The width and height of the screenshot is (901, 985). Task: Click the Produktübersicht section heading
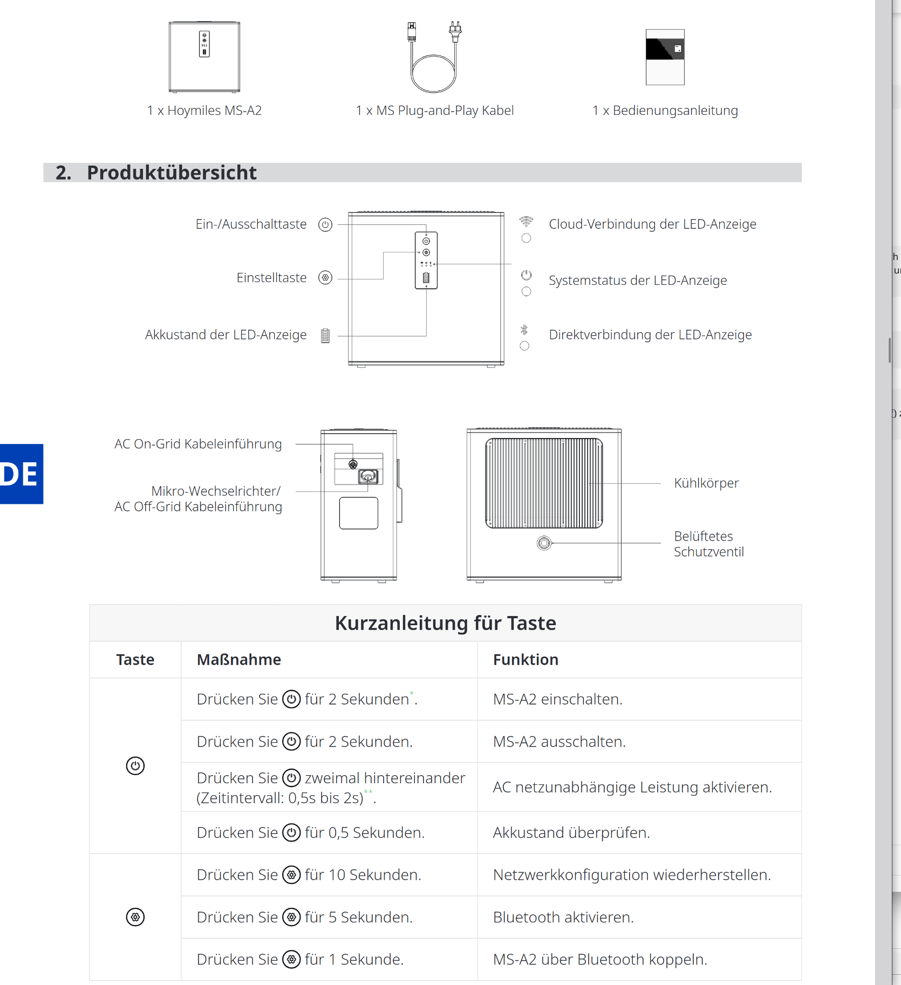tap(172, 173)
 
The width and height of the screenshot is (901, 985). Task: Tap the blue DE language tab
tap(21, 474)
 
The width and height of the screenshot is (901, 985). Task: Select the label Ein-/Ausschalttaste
tap(251, 224)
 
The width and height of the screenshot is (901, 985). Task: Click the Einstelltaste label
tap(271, 278)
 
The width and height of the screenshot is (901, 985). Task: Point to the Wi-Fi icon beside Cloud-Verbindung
tap(526, 221)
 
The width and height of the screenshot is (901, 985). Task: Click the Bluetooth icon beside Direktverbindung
tap(524, 330)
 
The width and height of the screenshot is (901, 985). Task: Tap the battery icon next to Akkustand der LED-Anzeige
tap(325, 336)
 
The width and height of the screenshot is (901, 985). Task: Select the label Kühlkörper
tap(706, 483)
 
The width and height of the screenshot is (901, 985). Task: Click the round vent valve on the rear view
tap(544, 543)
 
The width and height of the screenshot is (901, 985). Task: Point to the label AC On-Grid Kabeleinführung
tap(198, 444)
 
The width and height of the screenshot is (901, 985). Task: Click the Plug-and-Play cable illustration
tap(434, 57)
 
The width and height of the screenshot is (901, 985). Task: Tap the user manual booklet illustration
tap(665, 57)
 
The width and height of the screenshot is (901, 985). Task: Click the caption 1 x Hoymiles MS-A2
tap(204, 111)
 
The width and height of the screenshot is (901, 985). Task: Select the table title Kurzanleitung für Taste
tap(445, 623)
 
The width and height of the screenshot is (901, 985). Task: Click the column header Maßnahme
tap(239, 660)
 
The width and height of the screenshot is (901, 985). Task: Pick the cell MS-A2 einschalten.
tap(558, 699)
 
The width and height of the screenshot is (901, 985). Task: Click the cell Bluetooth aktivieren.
tap(563, 917)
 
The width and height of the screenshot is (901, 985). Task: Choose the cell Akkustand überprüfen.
tap(571, 833)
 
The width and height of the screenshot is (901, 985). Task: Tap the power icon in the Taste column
tap(135, 765)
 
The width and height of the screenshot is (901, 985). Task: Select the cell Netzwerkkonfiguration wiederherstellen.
tap(632, 875)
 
